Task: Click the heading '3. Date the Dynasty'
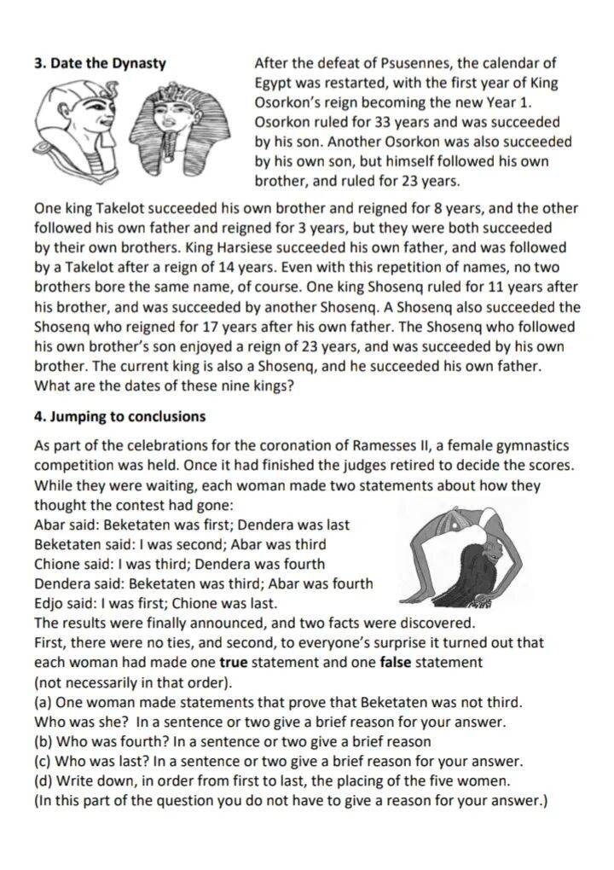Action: (x=100, y=63)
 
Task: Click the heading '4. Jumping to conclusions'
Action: (x=119, y=416)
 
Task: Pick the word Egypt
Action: (x=274, y=83)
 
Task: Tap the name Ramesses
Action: (x=403, y=445)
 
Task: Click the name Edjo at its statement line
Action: (x=49, y=603)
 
